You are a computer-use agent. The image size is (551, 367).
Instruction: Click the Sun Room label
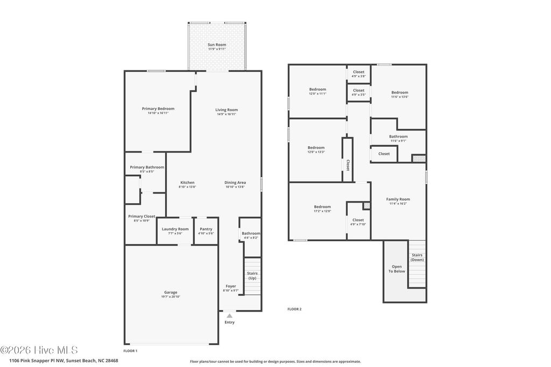click(217, 45)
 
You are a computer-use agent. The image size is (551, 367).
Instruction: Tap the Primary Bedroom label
click(158, 109)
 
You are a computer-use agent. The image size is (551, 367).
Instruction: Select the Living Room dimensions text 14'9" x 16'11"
click(227, 114)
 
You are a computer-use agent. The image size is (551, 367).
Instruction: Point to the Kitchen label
click(187, 183)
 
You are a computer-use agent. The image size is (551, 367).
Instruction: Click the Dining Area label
click(235, 183)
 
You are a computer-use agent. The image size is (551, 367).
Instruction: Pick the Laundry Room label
click(175, 229)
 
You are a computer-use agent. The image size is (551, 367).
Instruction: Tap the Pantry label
click(206, 229)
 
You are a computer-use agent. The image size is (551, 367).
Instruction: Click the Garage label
click(171, 292)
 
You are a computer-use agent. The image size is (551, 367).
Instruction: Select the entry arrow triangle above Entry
click(229, 316)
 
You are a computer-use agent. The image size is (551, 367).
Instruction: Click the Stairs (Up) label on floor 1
click(252, 275)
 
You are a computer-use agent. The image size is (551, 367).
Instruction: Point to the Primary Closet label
click(142, 217)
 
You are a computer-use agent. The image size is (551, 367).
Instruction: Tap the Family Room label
click(398, 199)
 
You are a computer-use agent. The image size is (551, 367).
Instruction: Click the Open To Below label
click(397, 269)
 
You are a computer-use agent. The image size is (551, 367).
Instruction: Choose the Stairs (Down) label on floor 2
click(417, 257)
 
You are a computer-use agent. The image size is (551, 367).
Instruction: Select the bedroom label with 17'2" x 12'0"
click(322, 207)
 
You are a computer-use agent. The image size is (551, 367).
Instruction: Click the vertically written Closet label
click(348, 165)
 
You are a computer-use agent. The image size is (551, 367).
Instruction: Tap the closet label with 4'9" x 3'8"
click(358, 72)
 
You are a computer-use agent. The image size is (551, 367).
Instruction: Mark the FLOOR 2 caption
click(294, 309)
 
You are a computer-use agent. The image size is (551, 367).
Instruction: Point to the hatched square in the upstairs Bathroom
click(419, 159)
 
